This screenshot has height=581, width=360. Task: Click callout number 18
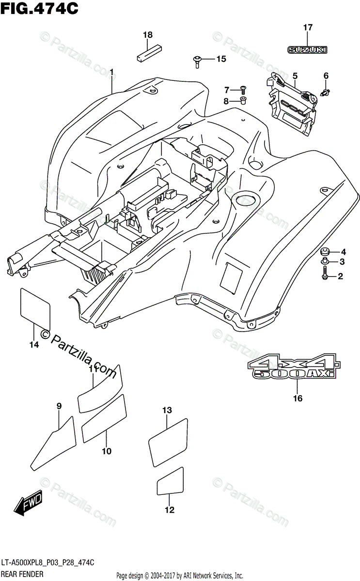148,35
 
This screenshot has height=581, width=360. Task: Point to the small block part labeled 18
147,51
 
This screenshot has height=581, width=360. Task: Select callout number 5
295,76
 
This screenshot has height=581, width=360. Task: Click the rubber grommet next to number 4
324,252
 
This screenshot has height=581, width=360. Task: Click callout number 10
107,451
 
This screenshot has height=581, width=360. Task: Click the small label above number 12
170,481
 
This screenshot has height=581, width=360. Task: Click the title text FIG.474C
39,8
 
